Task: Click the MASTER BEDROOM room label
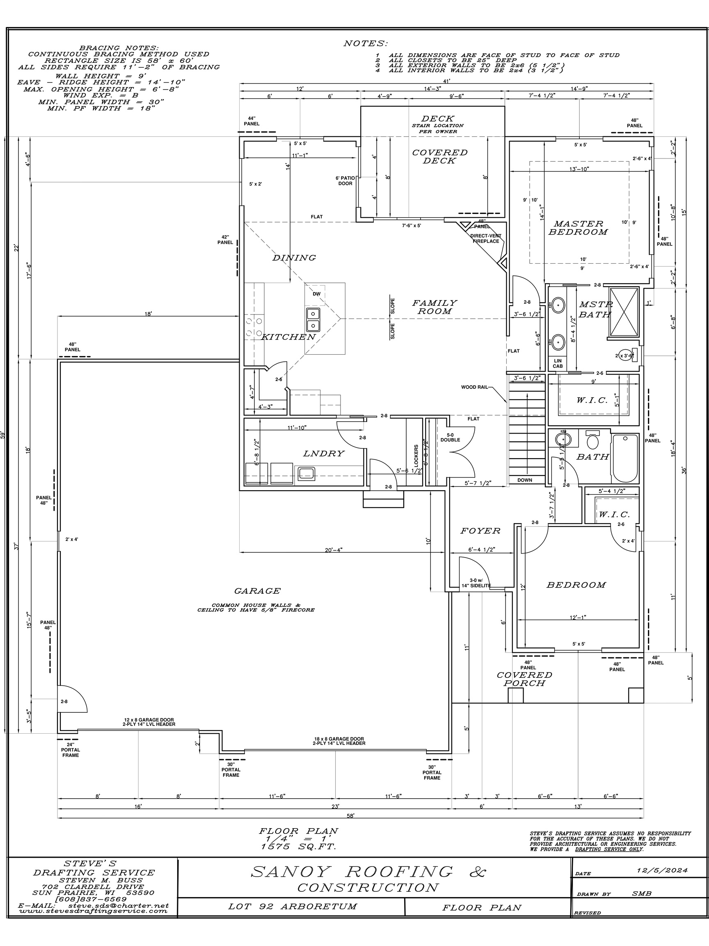tap(578, 228)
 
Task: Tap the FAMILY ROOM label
tap(435, 307)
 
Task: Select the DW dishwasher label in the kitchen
tap(316, 294)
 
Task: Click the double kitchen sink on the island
tap(313, 319)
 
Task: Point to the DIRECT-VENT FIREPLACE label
tap(486, 239)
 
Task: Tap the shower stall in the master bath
tap(624, 312)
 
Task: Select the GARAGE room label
tap(257, 591)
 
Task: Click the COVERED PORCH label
tap(524, 679)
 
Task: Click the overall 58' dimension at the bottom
tap(350, 815)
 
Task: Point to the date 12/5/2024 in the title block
tap(661, 870)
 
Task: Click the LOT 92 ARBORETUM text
tap(292, 906)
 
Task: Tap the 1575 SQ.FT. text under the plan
tap(299, 846)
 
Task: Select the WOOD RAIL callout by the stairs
tap(474, 387)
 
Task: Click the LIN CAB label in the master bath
tap(558, 363)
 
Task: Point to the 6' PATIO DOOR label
tap(345, 181)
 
